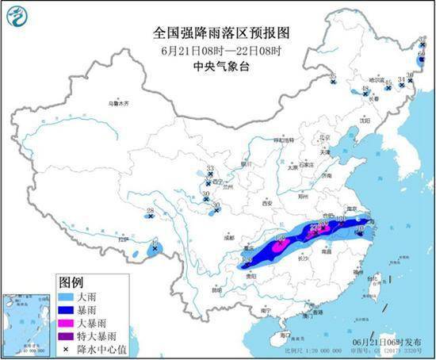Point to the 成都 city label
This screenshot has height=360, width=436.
tap(228, 236)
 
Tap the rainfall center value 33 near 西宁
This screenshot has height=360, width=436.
tap(209, 169)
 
